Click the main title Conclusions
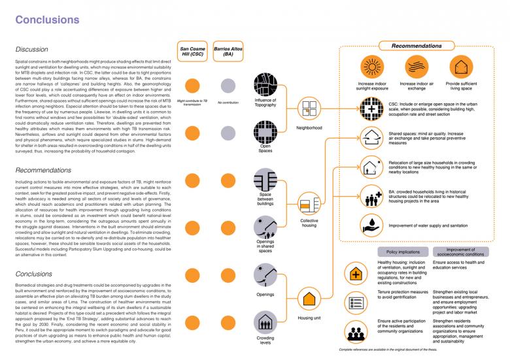tap(44, 20)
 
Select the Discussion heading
tap(32, 50)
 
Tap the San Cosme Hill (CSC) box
tap(192, 52)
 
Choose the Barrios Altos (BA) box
tap(228, 52)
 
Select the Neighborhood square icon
tap(308, 108)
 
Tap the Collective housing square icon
tap(308, 205)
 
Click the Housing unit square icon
tap(308, 300)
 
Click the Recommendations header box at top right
tap(416, 46)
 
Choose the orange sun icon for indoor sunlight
tap(372, 67)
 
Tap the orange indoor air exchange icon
tap(416, 67)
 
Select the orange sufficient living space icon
tap(461, 67)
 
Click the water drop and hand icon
tap(371, 225)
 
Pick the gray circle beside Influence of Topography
tap(228, 86)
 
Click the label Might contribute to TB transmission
tap(192, 103)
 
